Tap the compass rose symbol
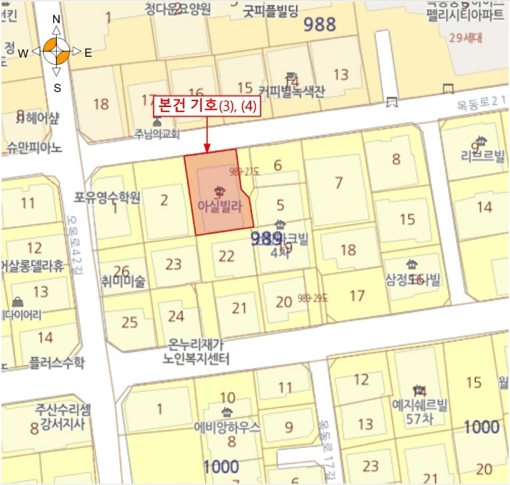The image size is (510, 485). (x=56, y=52)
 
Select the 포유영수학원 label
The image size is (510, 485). (x=106, y=197)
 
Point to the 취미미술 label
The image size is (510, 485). (x=124, y=281)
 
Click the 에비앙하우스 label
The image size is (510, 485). (x=227, y=427)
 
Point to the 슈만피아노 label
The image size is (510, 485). (x=34, y=148)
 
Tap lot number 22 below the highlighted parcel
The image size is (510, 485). (x=227, y=256)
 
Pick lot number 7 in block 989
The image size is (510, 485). (x=338, y=183)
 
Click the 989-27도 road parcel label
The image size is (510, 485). (x=245, y=172)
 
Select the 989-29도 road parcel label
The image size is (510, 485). (x=314, y=298)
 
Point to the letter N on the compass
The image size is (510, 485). (x=56, y=20)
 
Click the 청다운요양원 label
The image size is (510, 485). (x=178, y=9)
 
